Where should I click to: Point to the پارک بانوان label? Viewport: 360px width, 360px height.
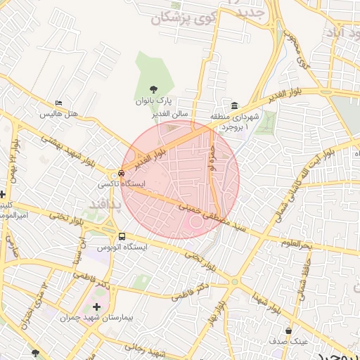click(154, 101)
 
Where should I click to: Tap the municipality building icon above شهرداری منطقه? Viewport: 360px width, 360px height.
click(234, 105)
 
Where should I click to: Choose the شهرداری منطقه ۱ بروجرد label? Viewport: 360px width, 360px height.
click(235, 121)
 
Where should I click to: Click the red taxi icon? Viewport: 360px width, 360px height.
click(122, 172)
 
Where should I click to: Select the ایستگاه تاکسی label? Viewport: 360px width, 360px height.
click(122, 183)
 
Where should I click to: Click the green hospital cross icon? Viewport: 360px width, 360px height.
click(96, 307)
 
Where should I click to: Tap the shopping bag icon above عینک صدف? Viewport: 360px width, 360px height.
click(288, 330)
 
